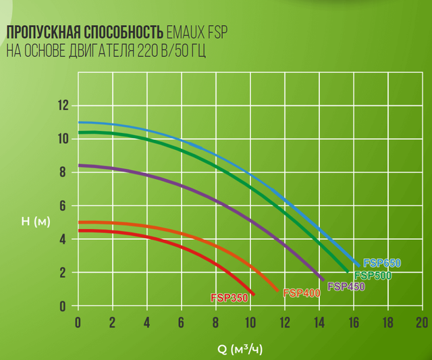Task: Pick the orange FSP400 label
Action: click(x=301, y=293)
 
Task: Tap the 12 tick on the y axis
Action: click(x=63, y=105)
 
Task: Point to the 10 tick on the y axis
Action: click(x=63, y=138)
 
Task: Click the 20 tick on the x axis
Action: click(x=422, y=321)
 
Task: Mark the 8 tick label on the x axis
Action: click(x=215, y=321)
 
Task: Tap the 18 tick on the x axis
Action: click(x=387, y=321)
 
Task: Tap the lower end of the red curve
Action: click(x=253, y=294)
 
